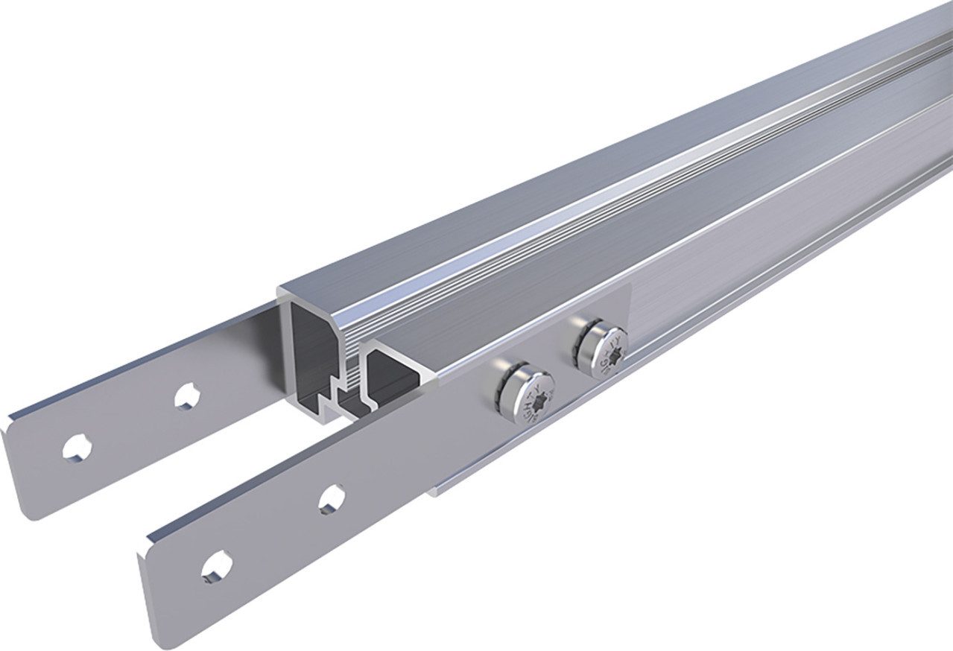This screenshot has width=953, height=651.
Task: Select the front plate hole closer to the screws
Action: tap(332, 498)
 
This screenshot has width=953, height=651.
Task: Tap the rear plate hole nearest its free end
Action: tap(76, 447)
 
